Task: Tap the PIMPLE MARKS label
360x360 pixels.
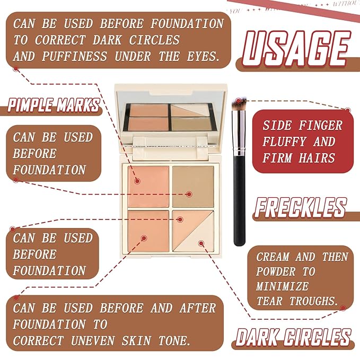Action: (x=54, y=105)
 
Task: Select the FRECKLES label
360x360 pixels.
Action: (x=300, y=207)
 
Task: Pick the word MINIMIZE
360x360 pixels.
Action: (x=282, y=286)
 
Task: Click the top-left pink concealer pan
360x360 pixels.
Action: (x=148, y=186)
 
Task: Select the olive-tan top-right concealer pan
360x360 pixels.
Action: (x=193, y=186)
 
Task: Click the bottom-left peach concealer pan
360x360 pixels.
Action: (x=148, y=231)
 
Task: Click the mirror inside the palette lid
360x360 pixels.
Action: (x=170, y=114)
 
